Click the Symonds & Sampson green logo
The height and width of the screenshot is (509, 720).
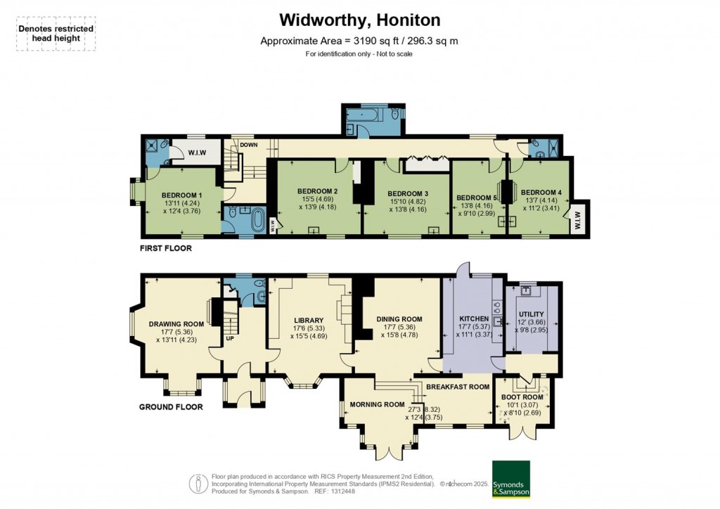511,479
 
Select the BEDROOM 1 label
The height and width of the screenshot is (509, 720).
181,195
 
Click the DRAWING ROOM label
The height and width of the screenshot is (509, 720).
176,324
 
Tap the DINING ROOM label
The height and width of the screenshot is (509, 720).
397,318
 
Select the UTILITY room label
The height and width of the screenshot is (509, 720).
532,314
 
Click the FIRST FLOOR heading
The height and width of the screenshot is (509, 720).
165,248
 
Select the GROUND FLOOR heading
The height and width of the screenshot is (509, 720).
171,407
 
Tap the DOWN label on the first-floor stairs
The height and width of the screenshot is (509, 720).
248,145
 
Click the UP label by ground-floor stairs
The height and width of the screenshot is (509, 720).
230,339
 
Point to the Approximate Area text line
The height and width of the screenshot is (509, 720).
359,41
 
